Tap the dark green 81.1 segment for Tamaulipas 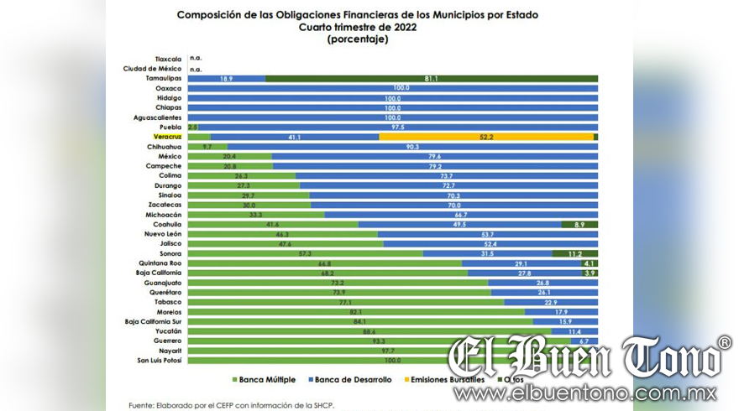click(431, 78)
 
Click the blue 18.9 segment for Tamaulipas click(226, 78)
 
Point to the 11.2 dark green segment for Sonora click(574, 253)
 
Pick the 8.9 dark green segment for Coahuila click(579, 224)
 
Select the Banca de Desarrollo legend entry click(356, 380)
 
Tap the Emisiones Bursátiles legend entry click(450, 380)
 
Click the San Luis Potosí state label click(160, 361)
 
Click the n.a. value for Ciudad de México click(197, 69)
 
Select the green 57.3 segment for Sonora click(305, 253)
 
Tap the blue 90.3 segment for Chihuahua click(412, 146)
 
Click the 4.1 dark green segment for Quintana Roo click(588, 263)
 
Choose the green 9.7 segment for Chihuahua click(207, 146)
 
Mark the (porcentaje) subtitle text click(358, 39)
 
